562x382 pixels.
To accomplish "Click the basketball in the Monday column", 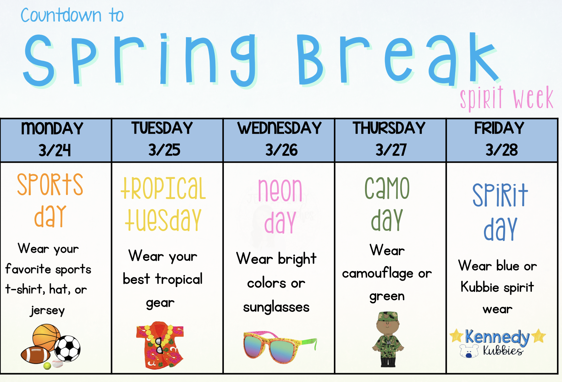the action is pos(47,337).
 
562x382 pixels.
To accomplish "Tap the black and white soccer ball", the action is pos(67,348).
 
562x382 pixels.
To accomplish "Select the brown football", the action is pos(35,354).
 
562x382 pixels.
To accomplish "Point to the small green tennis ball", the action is pos(47,366).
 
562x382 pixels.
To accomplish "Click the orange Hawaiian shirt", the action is pos(160,345).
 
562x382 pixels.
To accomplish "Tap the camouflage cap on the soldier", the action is pos(388,316).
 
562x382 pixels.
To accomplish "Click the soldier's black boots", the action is pos(388,362).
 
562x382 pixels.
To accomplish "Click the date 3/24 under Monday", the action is pos(54,150).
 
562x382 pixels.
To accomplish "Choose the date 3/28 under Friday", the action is pos(502,150).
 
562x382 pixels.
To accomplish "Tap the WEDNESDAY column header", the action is pos(279,128).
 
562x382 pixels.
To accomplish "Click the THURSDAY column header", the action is pos(389,128).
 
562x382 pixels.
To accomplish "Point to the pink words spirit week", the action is pos(507,98).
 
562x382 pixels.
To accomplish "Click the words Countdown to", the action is pos(72,15).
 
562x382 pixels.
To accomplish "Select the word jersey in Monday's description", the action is pos(48,310).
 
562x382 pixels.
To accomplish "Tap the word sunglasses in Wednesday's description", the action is pos(276,308).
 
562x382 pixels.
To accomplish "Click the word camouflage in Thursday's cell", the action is pos(378,273).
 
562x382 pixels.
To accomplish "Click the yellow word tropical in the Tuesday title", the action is pos(163,188).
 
